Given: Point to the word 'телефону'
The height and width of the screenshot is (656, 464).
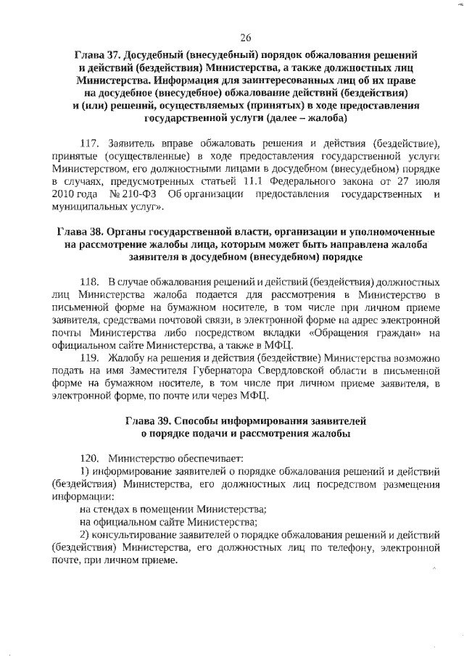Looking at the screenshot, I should coord(348,549).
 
